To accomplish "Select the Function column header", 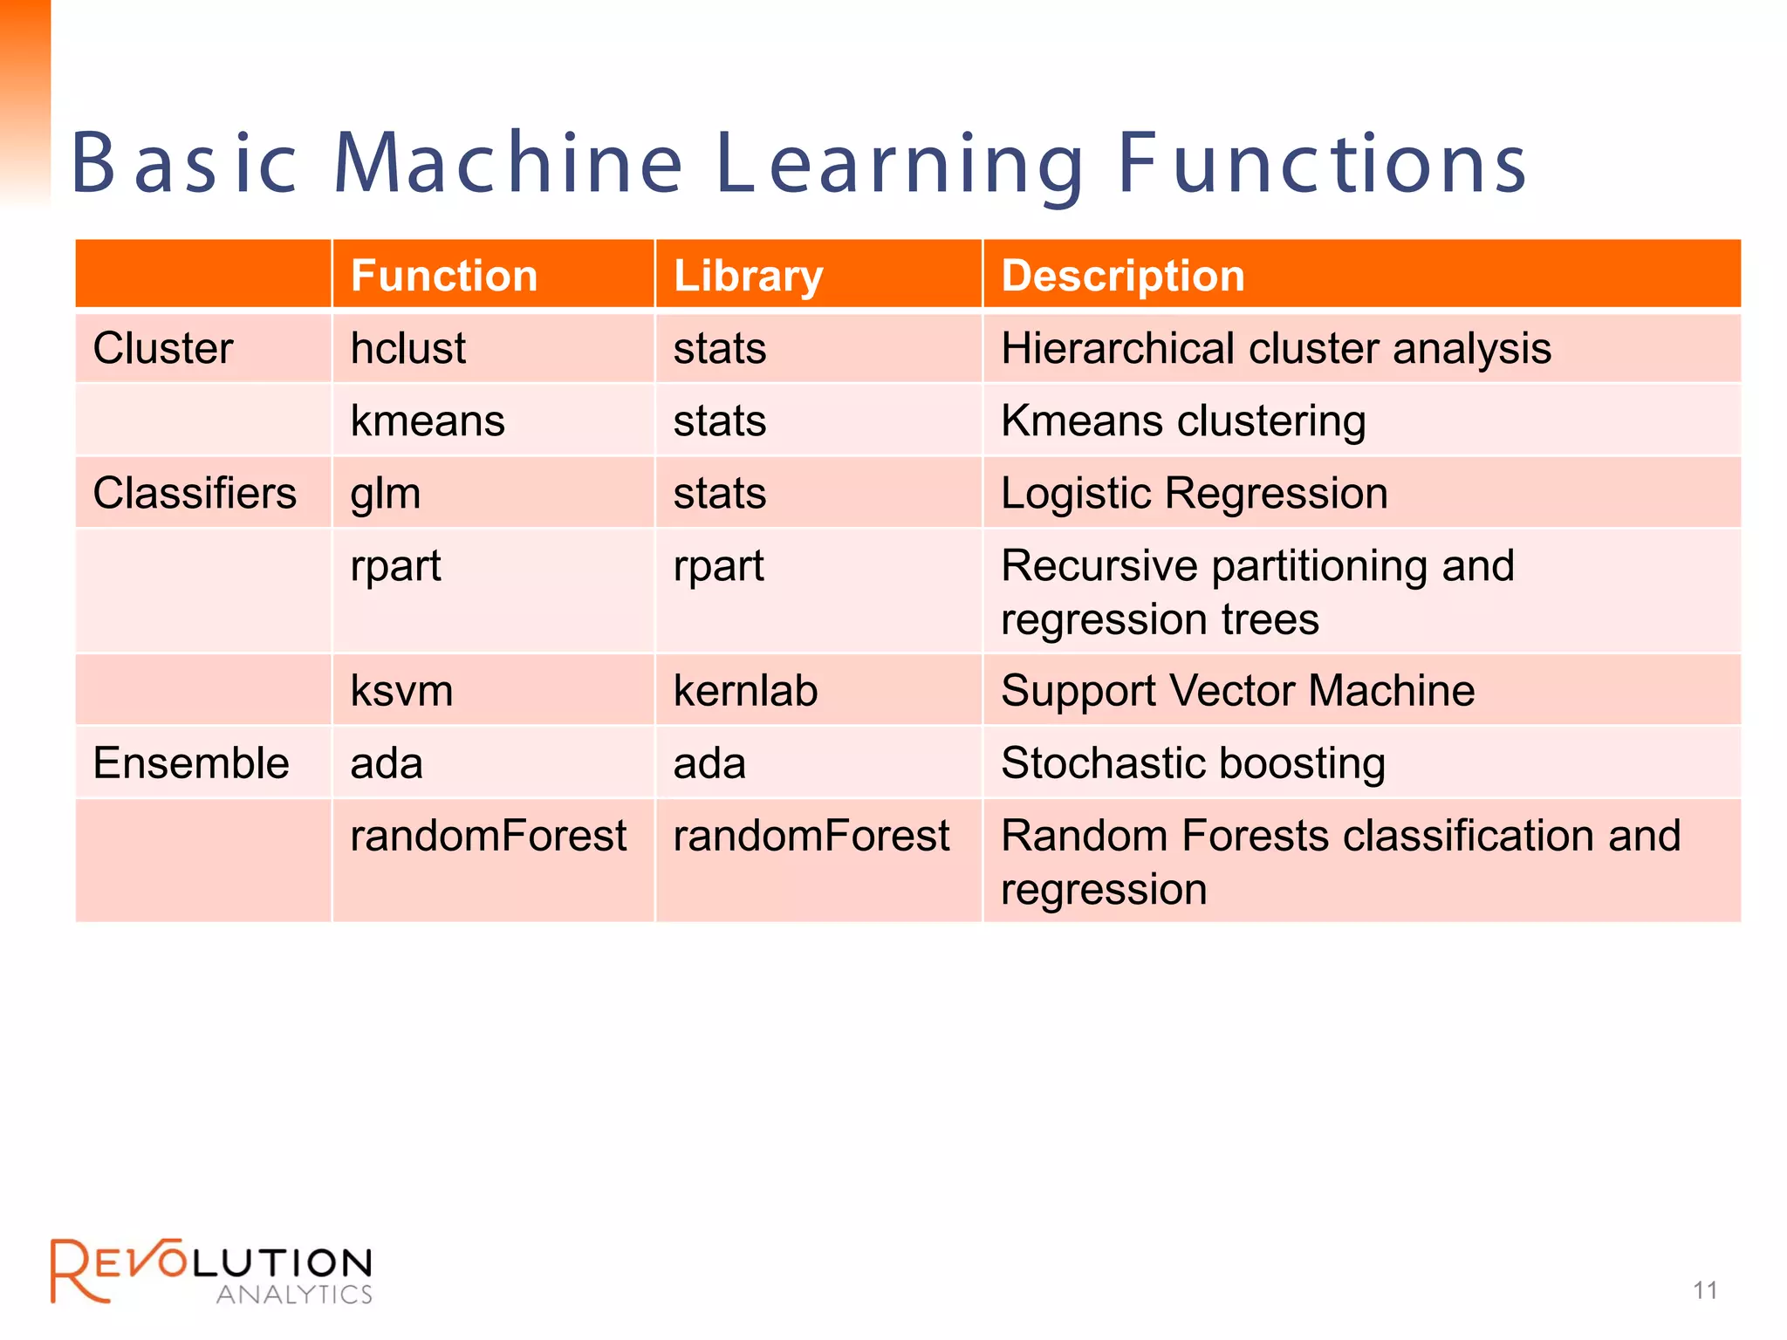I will pos(443,276).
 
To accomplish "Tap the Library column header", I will pos(748,276).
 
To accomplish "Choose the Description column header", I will pos(1122,276).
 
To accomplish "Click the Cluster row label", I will pos(163,348).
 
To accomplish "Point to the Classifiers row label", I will pos(195,493).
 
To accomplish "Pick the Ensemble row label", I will pos(190,763).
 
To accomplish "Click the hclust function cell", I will pos(407,348).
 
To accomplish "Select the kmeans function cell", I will pos(428,420).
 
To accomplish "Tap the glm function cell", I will pos(386,494).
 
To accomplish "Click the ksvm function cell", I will pos(401,691).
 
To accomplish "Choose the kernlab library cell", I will pos(745,691).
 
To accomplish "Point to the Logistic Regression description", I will pos(1194,493).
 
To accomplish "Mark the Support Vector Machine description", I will pos(1237,691).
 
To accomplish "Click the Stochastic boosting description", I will pos(1193,763).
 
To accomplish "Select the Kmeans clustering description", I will pos(1183,420).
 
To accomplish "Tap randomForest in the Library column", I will pos(811,836).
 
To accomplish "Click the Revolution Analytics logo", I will pos(211,1271).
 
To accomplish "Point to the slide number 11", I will pos(1705,1290).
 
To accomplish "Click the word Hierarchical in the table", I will pos(1118,348).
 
